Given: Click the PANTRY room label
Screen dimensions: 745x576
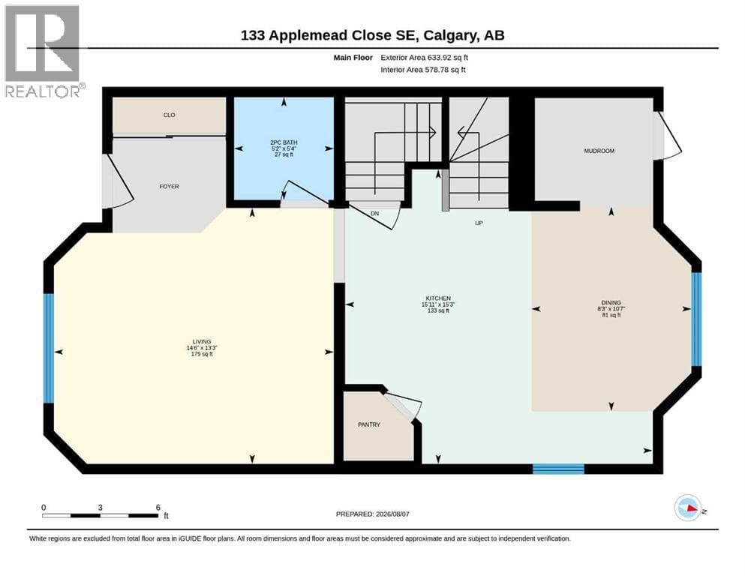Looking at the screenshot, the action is (368, 424).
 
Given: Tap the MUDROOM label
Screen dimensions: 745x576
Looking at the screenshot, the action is (599, 151).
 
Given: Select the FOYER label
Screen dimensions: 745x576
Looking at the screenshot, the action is (169, 187).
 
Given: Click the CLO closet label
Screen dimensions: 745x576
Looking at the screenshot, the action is (169, 115).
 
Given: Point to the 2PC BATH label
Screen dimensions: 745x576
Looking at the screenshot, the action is (284, 142).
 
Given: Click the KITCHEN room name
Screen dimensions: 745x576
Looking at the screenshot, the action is (438, 298).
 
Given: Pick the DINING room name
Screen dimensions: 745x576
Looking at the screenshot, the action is (611, 302).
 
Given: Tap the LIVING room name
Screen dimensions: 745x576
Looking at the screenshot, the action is (202, 341).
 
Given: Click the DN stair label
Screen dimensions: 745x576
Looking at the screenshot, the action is (375, 214).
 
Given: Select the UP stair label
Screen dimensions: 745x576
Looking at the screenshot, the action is (479, 223).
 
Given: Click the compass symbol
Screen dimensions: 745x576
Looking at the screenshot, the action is (688, 508).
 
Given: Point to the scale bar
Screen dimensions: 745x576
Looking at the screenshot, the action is (101, 515).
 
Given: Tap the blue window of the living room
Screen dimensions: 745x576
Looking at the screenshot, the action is (49, 349).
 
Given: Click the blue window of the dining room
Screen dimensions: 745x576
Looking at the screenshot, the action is (696, 319).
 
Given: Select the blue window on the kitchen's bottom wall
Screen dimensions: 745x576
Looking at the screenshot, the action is (558, 469).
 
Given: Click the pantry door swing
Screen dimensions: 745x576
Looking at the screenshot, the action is (404, 405).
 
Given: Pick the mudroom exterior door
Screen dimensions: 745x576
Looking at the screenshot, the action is (667, 135).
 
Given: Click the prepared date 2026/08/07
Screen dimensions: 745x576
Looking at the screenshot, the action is (392, 514).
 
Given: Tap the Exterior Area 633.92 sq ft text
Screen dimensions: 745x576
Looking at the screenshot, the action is (425, 58).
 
